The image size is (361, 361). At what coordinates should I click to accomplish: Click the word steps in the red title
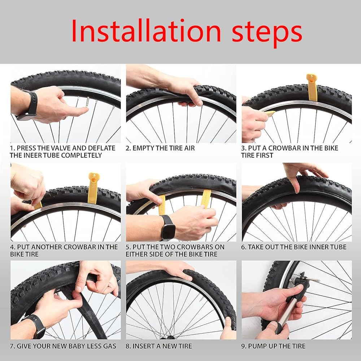(x=267, y=33)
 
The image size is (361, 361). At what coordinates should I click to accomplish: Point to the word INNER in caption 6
(x=318, y=247)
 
